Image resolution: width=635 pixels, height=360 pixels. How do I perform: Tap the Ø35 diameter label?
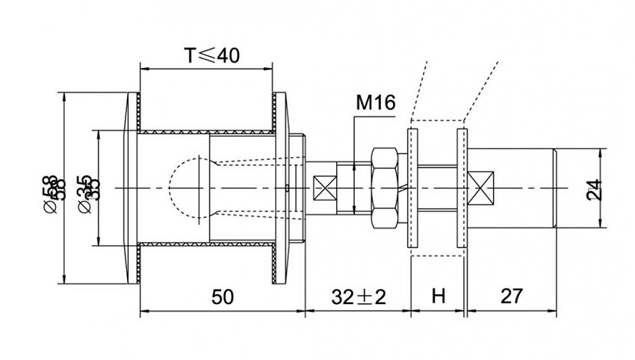tap(85, 188)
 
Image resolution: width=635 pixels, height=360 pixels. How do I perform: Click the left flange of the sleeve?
tap(132, 188)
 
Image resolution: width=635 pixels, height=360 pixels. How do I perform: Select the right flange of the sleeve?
tap(282, 188)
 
